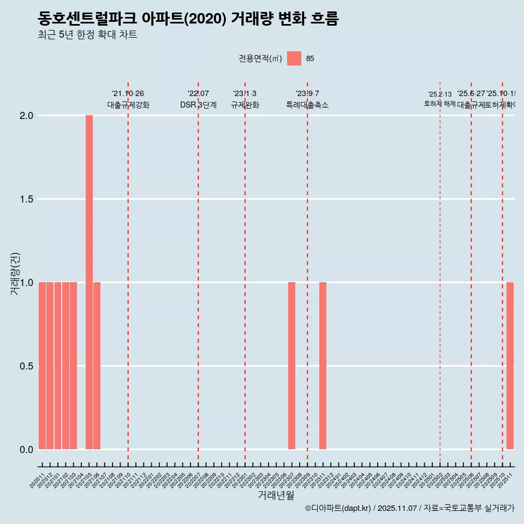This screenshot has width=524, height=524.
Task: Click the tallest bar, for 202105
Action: click(89, 282)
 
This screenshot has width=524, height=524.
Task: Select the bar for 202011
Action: click(42, 366)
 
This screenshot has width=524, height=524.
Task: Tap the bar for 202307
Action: click(291, 366)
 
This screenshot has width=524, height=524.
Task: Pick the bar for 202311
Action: click(323, 366)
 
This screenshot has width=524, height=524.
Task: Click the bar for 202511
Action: click(510, 366)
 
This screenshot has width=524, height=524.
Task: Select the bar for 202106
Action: click(97, 366)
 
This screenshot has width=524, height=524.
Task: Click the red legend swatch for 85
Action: click(294, 58)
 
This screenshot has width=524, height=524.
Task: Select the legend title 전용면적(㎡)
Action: click(260, 59)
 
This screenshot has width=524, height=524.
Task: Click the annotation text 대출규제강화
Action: click(128, 105)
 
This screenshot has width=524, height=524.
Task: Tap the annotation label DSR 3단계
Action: click(198, 105)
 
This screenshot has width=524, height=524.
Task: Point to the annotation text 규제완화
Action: click(245, 105)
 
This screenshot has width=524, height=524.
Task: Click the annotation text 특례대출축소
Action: click(307, 105)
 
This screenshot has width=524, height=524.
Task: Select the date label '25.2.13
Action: click(440, 94)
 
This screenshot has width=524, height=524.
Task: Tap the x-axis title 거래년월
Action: click(276, 495)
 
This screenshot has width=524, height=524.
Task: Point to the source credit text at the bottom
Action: click(409, 508)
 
